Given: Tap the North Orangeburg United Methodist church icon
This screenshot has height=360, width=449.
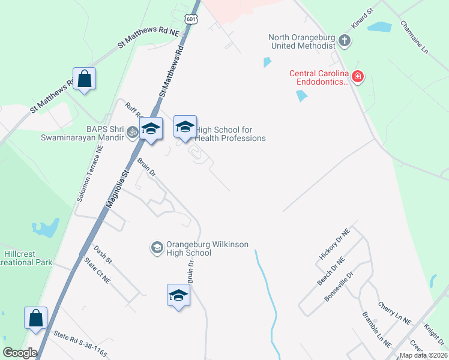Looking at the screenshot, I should click(x=345, y=41).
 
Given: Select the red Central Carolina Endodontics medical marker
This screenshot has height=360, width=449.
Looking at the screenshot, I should click(x=358, y=77).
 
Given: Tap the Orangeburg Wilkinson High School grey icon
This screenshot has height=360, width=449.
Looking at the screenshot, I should click(x=157, y=248).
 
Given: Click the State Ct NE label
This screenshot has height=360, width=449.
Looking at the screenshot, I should click(x=97, y=271).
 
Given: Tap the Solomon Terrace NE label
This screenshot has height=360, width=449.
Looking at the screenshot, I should click(x=91, y=173).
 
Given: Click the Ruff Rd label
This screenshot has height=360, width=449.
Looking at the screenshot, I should click(x=133, y=110).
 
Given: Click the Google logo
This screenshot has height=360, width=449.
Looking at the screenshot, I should click(x=20, y=353).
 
